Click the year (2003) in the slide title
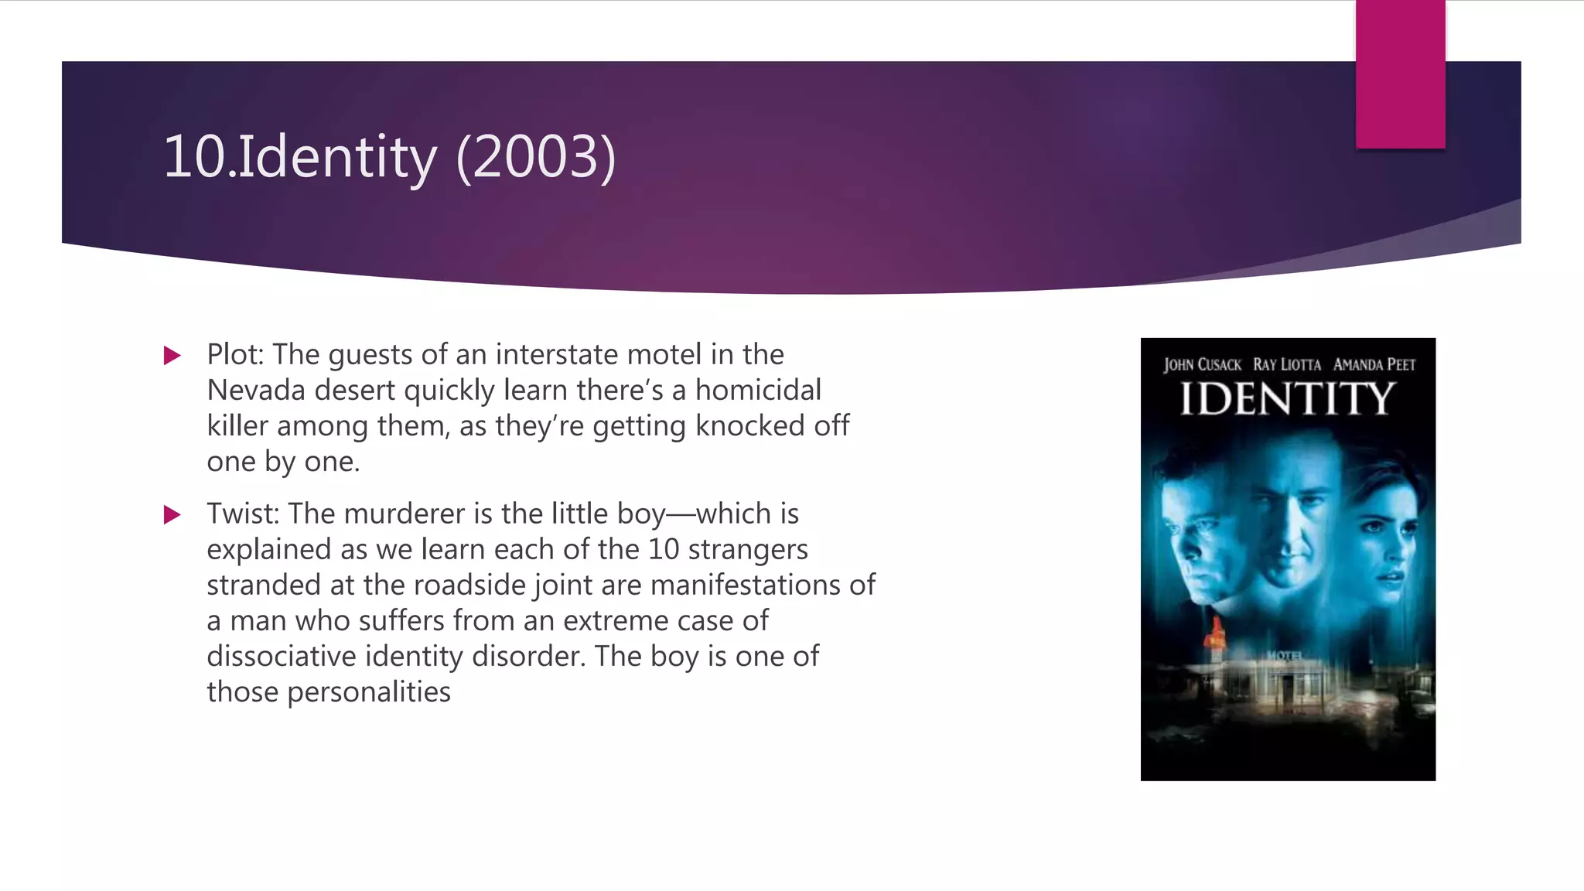[x=536, y=157]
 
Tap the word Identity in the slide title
[x=337, y=157]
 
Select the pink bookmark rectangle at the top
[x=1400, y=74]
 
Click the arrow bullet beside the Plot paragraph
[x=172, y=356]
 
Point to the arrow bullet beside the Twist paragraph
[x=172, y=515]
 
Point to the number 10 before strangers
[x=664, y=549]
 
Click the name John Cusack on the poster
[x=1202, y=365]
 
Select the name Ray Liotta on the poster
[x=1287, y=365]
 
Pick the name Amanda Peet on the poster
[x=1374, y=365]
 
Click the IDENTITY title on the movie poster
[x=1288, y=399]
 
